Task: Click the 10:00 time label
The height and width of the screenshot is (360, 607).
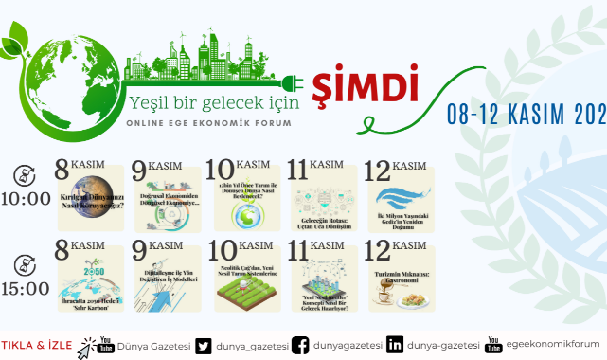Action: (x=26, y=199)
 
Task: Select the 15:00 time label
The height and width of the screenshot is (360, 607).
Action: (x=26, y=288)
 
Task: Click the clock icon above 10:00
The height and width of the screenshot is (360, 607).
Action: (x=26, y=175)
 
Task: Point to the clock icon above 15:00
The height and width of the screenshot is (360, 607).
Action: (x=26, y=264)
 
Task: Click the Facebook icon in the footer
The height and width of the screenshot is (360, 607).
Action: (x=301, y=344)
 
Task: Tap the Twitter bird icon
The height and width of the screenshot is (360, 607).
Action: (x=205, y=344)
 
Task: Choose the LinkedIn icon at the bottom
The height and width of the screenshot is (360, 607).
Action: (x=394, y=344)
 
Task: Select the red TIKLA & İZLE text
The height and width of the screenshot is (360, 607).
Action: (x=35, y=343)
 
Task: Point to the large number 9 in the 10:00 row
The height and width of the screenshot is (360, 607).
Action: (x=141, y=172)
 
